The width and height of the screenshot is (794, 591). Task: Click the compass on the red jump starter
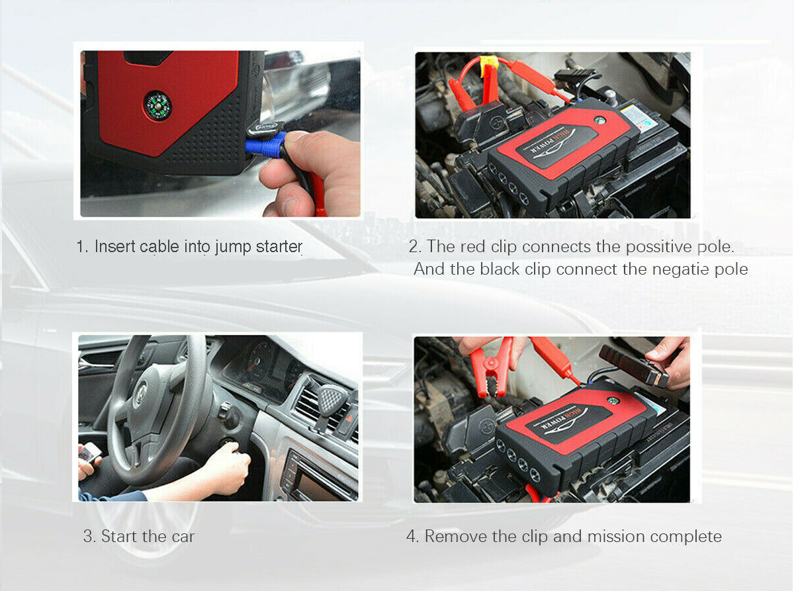coord(157,106)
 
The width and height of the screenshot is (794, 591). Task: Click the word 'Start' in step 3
coord(119,536)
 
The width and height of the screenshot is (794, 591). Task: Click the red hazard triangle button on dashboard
coord(349,418)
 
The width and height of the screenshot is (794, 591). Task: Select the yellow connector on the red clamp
coord(488,66)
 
